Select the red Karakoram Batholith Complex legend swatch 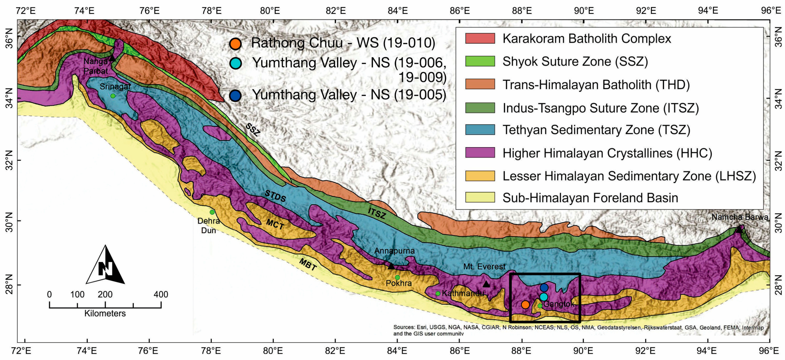[x=480, y=38]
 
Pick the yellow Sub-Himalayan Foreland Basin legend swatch [x=480, y=197]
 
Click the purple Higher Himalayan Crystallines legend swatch [x=480, y=153]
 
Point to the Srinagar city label [x=115, y=87]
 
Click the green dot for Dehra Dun [x=212, y=212]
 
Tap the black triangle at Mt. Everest [x=486, y=284]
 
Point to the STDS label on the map [x=275, y=196]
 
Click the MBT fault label [x=308, y=264]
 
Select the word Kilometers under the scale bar [x=105, y=313]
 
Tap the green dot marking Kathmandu [x=438, y=293]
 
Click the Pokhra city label [x=399, y=283]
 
